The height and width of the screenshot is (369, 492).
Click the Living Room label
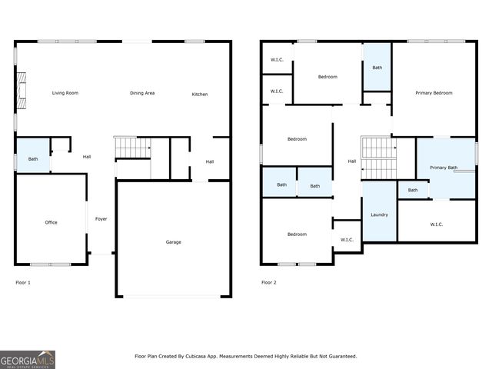(x=65, y=93)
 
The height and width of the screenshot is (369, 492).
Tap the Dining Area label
(x=142, y=93)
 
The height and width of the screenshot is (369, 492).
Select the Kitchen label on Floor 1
(x=199, y=95)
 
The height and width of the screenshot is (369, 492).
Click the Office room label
(x=51, y=222)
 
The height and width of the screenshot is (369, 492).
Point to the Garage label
(x=174, y=242)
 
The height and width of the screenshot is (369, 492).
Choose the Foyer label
(x=101, y=219)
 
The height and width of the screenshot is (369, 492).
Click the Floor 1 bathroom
(x=33, y=158)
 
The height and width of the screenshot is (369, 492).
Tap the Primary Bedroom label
(x=434, y=93)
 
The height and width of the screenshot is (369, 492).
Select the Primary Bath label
(x=444, y=168)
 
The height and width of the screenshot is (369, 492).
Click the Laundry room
(x=379, y=214)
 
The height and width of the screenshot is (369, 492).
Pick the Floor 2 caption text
(x=268, y=282)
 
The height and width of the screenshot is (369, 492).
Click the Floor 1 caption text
(x=23, y=282)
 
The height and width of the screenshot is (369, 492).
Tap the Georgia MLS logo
(x=28, y=359)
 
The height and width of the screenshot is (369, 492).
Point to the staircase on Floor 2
(x=377, y=157)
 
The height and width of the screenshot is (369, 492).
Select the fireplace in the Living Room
(x=22, y=93)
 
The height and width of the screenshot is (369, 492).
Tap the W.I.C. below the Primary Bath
(x=436, y=224)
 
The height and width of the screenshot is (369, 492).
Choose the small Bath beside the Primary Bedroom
(x=377, y=68)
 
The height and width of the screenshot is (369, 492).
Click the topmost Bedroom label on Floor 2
(x=327, y=77)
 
